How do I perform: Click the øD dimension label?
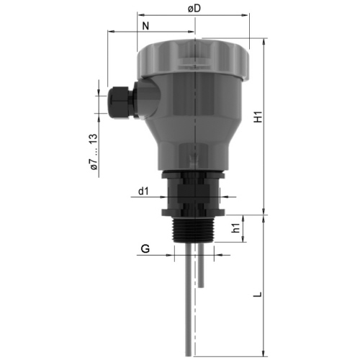194,9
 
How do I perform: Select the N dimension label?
145,26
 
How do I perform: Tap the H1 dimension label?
258,117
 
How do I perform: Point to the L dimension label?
258,294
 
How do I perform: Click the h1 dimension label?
235,228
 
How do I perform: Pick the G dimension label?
145,248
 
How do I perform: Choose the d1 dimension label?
143,192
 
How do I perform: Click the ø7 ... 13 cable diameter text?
94,152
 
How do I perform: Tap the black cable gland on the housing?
122,102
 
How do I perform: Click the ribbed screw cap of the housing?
193,59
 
